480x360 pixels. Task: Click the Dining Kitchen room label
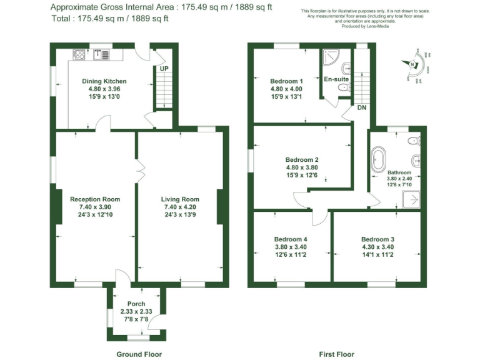(104, 81)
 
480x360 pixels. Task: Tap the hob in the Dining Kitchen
(81, 55)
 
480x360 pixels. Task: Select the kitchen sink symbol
(97, 55)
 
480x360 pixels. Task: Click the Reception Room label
(95, 199)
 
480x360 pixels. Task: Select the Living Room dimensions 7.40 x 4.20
(181, 207)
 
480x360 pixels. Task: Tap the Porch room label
(136, 304)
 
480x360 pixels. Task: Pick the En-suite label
(336, 79)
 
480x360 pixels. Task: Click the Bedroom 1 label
(286, 81)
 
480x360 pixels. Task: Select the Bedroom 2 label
(302, 159)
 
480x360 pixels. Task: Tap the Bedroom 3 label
(377, 239)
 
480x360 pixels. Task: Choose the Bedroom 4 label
(291, 239)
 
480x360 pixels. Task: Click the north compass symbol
(412, 63)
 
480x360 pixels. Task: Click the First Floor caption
(336, 354)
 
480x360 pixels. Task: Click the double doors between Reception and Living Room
(141, 167)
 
